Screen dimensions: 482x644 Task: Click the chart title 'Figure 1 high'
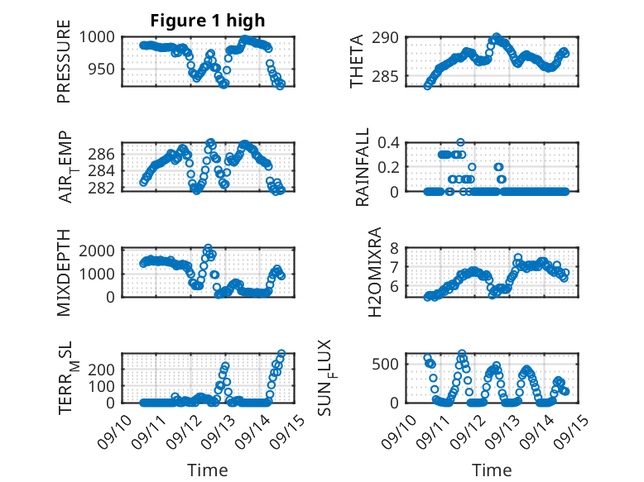click(207, 20)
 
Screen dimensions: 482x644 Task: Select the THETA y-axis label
click(358, 61)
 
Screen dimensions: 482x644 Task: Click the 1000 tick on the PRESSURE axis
click(101, 37)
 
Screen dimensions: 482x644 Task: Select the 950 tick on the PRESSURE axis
click(105, 69)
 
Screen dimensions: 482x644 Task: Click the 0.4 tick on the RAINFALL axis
click(391, 142)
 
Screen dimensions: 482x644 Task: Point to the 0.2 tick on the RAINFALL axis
click(391, 167)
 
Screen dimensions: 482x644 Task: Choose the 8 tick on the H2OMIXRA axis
click(397, 248)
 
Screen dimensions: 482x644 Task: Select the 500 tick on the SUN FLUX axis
click(393, 364)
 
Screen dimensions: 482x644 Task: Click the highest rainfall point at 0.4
click(460, 142)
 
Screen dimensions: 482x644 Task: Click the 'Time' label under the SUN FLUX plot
click(492, 470)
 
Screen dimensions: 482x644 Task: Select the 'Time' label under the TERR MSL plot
click(207, 470)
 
